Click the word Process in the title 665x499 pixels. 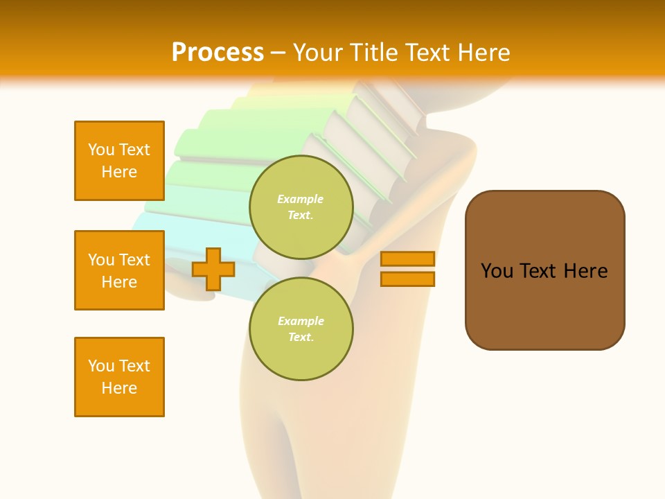pos(218,53)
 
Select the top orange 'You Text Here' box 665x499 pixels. pos(119,161)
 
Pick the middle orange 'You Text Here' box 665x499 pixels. pos(119,270)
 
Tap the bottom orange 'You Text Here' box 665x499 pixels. pos(119,377)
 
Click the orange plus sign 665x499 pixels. pos(213,269)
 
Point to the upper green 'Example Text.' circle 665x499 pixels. pos(301,207)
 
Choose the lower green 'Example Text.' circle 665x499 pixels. pos(301,329)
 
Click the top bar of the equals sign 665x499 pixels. pos(407,259)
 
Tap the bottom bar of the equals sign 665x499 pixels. pos(407,279)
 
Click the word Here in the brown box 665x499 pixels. pos(585,271)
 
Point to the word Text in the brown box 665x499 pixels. pos(538,271)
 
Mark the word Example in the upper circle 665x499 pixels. pos(300,199)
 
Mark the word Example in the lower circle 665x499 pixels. pos(301,321)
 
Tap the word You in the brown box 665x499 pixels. pos(496,271)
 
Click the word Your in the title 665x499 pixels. pos(318,53)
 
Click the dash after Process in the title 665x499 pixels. pos(278,53)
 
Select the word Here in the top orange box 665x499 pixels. pos(119,172)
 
